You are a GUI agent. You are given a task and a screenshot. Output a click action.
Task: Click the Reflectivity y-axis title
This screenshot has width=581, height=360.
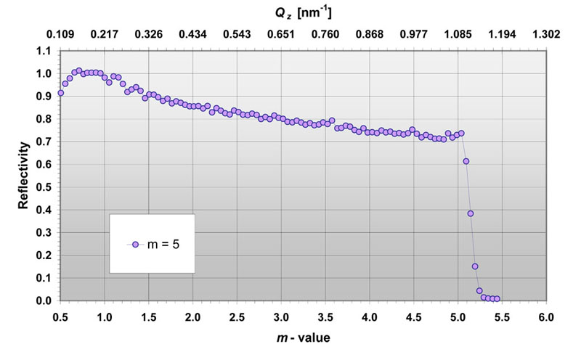[23, 175]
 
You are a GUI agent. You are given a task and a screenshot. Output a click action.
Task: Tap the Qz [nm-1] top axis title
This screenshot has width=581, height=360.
[304, 13]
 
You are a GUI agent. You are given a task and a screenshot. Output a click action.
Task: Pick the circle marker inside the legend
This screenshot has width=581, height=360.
[136, 245]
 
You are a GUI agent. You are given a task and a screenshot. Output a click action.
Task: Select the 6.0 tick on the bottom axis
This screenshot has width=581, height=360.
[546, 317]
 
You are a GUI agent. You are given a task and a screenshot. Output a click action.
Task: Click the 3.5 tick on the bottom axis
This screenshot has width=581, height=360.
[325, 317]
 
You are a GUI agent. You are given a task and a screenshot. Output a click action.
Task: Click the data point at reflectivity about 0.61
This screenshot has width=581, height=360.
[466, 161]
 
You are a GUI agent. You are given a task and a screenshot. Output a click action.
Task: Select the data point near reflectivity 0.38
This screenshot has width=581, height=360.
[471, 213]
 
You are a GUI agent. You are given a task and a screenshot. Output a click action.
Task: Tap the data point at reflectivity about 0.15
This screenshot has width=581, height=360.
[475, 266]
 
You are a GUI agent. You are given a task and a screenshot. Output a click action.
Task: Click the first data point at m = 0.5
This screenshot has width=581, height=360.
[61, 93]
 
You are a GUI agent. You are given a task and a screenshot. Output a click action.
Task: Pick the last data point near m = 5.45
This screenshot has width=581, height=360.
[497, 299]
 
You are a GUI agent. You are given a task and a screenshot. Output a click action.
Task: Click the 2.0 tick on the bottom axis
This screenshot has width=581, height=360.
[193, 317]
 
